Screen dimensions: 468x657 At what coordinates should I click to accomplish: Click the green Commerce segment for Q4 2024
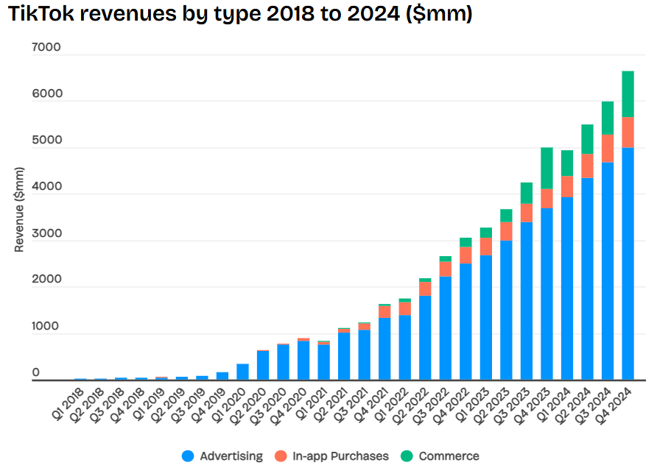(628, 93)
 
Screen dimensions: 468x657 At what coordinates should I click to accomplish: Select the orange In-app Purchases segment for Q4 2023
(547, 199)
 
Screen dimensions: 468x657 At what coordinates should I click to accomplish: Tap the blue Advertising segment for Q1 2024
(566, 287)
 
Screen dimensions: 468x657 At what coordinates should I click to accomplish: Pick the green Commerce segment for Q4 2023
(547, 168)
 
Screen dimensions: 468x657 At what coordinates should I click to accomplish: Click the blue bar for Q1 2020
(242, 371)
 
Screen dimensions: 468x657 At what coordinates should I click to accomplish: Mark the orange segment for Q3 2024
(608, 149)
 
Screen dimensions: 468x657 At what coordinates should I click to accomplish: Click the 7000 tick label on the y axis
(46, 48)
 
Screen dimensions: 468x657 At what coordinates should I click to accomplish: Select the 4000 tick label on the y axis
(46, 188)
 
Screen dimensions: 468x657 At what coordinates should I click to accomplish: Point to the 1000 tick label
(46, 327)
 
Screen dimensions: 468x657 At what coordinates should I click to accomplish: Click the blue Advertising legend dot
(189, 456)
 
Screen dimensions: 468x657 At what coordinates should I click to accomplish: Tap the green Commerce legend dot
(407, 456)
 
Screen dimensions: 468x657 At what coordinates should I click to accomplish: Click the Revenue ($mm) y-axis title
(20, 210)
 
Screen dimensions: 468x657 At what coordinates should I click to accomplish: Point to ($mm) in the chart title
(441, 15)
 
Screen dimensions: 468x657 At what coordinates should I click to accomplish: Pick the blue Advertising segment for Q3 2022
(446, 327)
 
